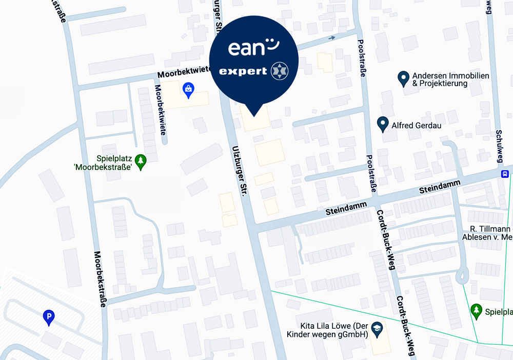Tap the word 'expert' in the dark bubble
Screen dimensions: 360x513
click(x=243, y=71)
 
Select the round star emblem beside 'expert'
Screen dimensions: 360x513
click(x=280, y=71)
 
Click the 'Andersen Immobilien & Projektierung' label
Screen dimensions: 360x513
click(x=443, y=79)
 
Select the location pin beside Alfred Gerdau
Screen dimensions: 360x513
click(x=382, y=124)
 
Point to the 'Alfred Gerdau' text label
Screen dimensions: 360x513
click(x=416, y=125)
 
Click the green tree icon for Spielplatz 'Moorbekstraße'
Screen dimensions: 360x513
click(x=140, y=162)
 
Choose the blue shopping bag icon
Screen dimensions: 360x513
click(x=189, y=90)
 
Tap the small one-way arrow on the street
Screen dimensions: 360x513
click(x=332, y=37)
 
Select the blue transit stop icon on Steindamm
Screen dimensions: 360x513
click(x=505, y=174)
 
